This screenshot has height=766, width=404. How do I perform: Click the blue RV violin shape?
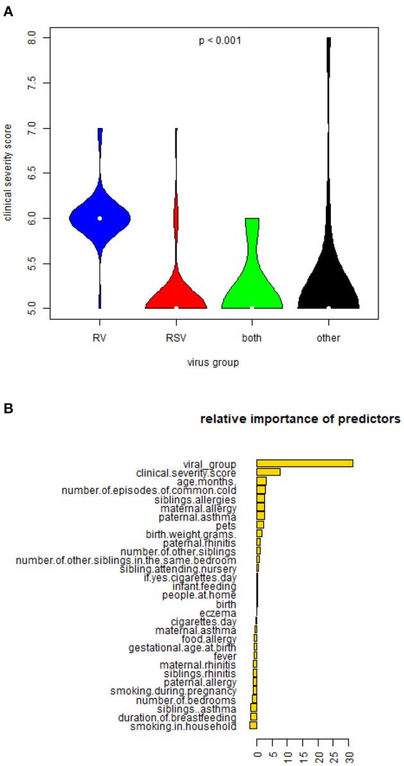tap(99, 218)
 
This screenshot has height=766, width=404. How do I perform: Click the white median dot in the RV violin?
tap(99, 218)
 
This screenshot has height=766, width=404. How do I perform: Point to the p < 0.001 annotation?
tap(219, 41)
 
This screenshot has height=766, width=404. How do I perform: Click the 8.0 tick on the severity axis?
tap(32, 38)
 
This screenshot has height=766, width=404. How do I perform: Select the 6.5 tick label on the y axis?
tap(32, 174)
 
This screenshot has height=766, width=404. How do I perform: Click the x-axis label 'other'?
tap(328, 338)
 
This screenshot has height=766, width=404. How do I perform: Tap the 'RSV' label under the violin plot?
tap(176, 338)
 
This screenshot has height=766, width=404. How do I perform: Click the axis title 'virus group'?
tap(214, 363)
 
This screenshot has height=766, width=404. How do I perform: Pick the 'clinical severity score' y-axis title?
tap(9, 174)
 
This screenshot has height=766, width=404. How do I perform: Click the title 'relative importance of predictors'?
tap(300, 420)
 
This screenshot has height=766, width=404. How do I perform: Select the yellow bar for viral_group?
tap(305, 464)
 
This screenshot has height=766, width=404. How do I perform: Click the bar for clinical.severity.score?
tap(268, 473)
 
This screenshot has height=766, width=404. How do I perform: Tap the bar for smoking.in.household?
tap(253, 726)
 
